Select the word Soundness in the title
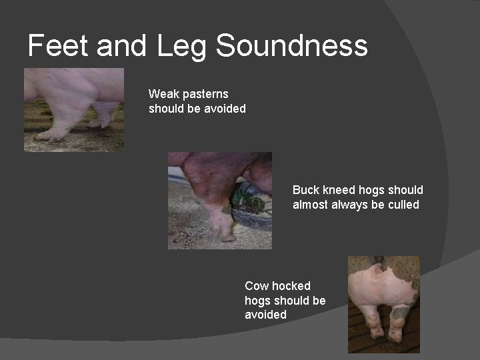tap(292, 46)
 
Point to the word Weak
tap(163, 94)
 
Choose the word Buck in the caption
tap(306, 190)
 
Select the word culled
tap(402, 205)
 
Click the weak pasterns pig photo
tap(73, 110)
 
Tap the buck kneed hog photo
tap(219, 200)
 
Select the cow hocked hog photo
tap(383, 304)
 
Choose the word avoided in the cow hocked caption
tap(265, 315)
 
